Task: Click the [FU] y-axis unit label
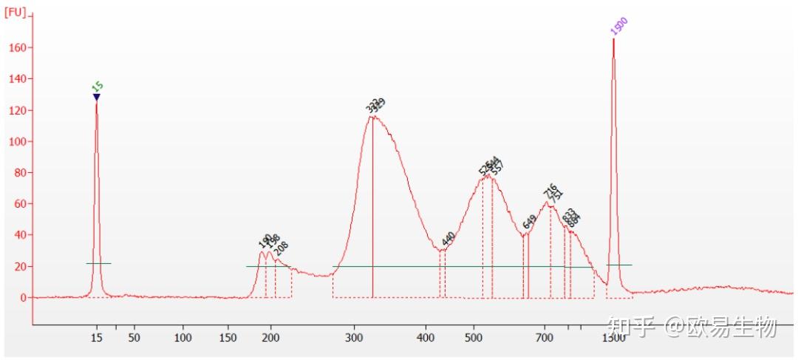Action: coord(15,13)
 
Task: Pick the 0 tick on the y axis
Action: coord(23,298)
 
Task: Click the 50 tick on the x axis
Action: coord(134,339)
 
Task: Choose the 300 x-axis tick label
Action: coord(355,339)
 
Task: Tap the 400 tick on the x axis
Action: coord(426,339)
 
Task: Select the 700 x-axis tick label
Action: coord(545,339)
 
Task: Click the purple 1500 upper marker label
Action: coord(619,26)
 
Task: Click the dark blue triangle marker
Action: coord(97,97)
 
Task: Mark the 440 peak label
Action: coord(448,238)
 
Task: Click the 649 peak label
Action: coord(529,222)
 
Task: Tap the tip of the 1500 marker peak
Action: coord(613,40)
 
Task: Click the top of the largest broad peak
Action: coord(373,116)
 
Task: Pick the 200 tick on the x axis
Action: coord(270,339)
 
